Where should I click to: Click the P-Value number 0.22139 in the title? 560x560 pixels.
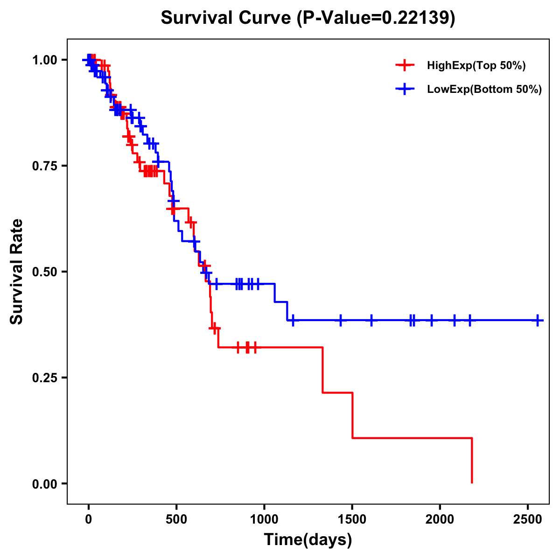point(416,18)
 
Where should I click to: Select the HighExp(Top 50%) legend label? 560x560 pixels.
point(476,66)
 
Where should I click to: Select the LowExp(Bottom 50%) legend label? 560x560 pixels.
point(484,90)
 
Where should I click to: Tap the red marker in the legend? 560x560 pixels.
point(405,65)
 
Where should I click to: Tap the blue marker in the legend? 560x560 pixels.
point(405,89)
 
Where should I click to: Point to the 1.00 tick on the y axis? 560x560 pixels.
point(45,60)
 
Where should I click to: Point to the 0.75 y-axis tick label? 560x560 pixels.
point(45,166)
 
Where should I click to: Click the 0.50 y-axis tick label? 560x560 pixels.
point(45,272)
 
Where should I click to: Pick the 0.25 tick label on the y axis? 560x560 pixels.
point(45,378)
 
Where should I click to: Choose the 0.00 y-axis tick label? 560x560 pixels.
point(45,483)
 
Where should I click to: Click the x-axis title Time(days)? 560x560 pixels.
point(308,540)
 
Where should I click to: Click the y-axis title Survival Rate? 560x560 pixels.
point(17,271)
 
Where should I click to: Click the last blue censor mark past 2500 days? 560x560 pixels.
point(538,321)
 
